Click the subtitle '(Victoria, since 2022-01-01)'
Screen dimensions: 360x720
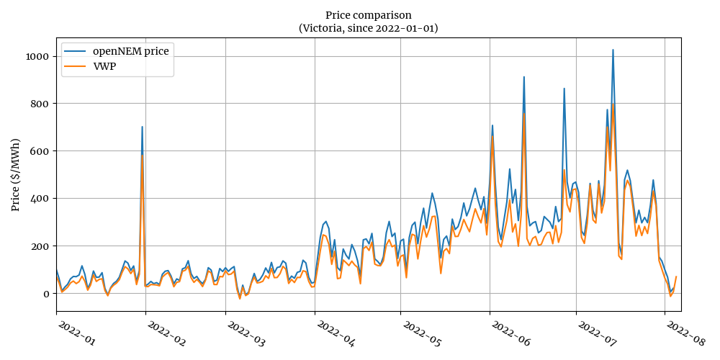(x=368, y=28)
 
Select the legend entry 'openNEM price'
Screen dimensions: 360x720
(x=131, y=52)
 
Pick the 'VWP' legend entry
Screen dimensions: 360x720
(x=104, y=66)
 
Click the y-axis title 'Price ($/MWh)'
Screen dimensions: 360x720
(x=16, y=174)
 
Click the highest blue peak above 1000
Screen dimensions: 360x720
(x=613, y=50)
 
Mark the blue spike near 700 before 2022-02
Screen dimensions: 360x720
(x=142, y=127)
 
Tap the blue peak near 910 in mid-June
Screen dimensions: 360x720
(x=524, y=76)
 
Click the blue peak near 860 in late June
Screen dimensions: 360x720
(x=564, y=89)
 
